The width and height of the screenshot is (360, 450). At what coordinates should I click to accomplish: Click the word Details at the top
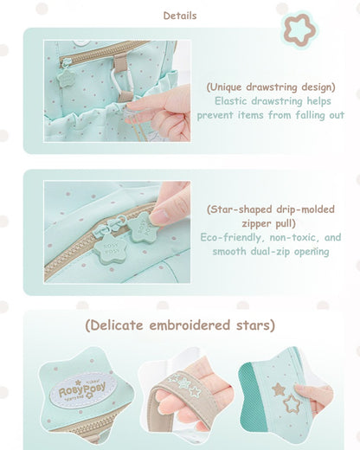[180, 16]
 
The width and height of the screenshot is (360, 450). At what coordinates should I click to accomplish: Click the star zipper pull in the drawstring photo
[66, 78]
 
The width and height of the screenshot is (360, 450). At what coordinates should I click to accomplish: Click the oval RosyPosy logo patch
[83, 390]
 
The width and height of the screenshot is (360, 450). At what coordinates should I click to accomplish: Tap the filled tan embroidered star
[279, 389]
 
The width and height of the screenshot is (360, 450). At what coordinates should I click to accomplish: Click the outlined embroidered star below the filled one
[291, 404]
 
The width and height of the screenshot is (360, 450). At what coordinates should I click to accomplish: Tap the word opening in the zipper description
[312, 252]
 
